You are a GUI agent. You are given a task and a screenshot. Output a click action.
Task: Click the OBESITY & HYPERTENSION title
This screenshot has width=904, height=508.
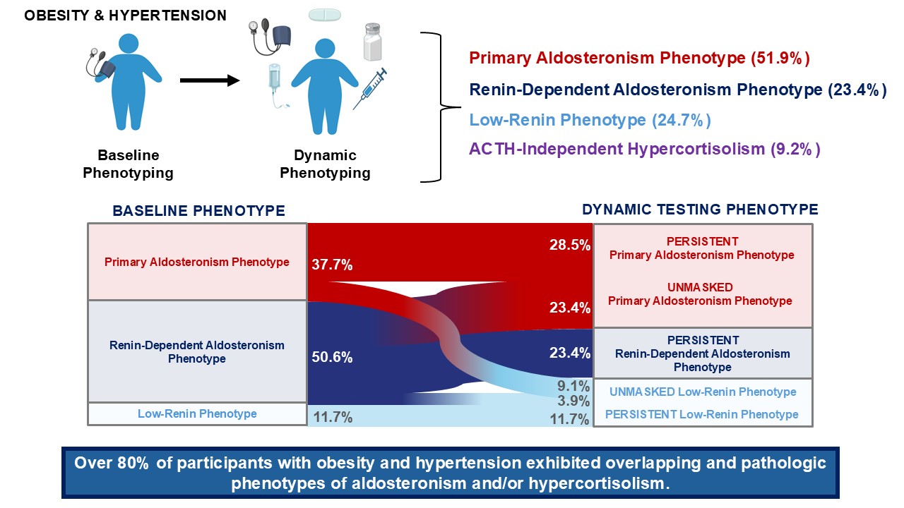(x=126, y=16)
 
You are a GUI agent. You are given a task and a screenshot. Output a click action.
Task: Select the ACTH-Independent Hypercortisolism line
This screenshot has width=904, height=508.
(x=645, y=150)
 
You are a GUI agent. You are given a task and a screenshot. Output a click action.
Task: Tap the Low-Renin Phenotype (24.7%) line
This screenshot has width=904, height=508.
(x=590, y=120)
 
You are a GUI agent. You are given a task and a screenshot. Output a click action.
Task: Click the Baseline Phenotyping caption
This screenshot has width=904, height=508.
(x=128, y=164)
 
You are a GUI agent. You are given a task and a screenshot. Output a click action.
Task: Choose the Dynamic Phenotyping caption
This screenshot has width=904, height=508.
(x=326, y=164)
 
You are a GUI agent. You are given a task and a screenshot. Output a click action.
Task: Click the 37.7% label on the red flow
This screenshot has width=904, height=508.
(x=332, y=265)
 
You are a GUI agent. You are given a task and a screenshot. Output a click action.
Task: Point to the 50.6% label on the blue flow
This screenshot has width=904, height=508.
(x=332, y=357)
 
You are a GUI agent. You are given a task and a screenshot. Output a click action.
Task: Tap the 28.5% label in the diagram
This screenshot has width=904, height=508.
(x=569, y=244)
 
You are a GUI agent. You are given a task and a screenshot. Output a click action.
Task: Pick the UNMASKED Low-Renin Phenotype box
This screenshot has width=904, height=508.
(x=702, y=392)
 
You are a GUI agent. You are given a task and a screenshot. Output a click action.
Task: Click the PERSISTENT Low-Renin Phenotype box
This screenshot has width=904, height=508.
(x=702, y=414)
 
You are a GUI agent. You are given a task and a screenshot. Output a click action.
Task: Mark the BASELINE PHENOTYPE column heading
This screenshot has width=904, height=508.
(x=198, y=211)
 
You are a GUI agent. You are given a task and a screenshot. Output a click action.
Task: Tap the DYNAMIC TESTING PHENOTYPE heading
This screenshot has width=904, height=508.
(x=700, y=210)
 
